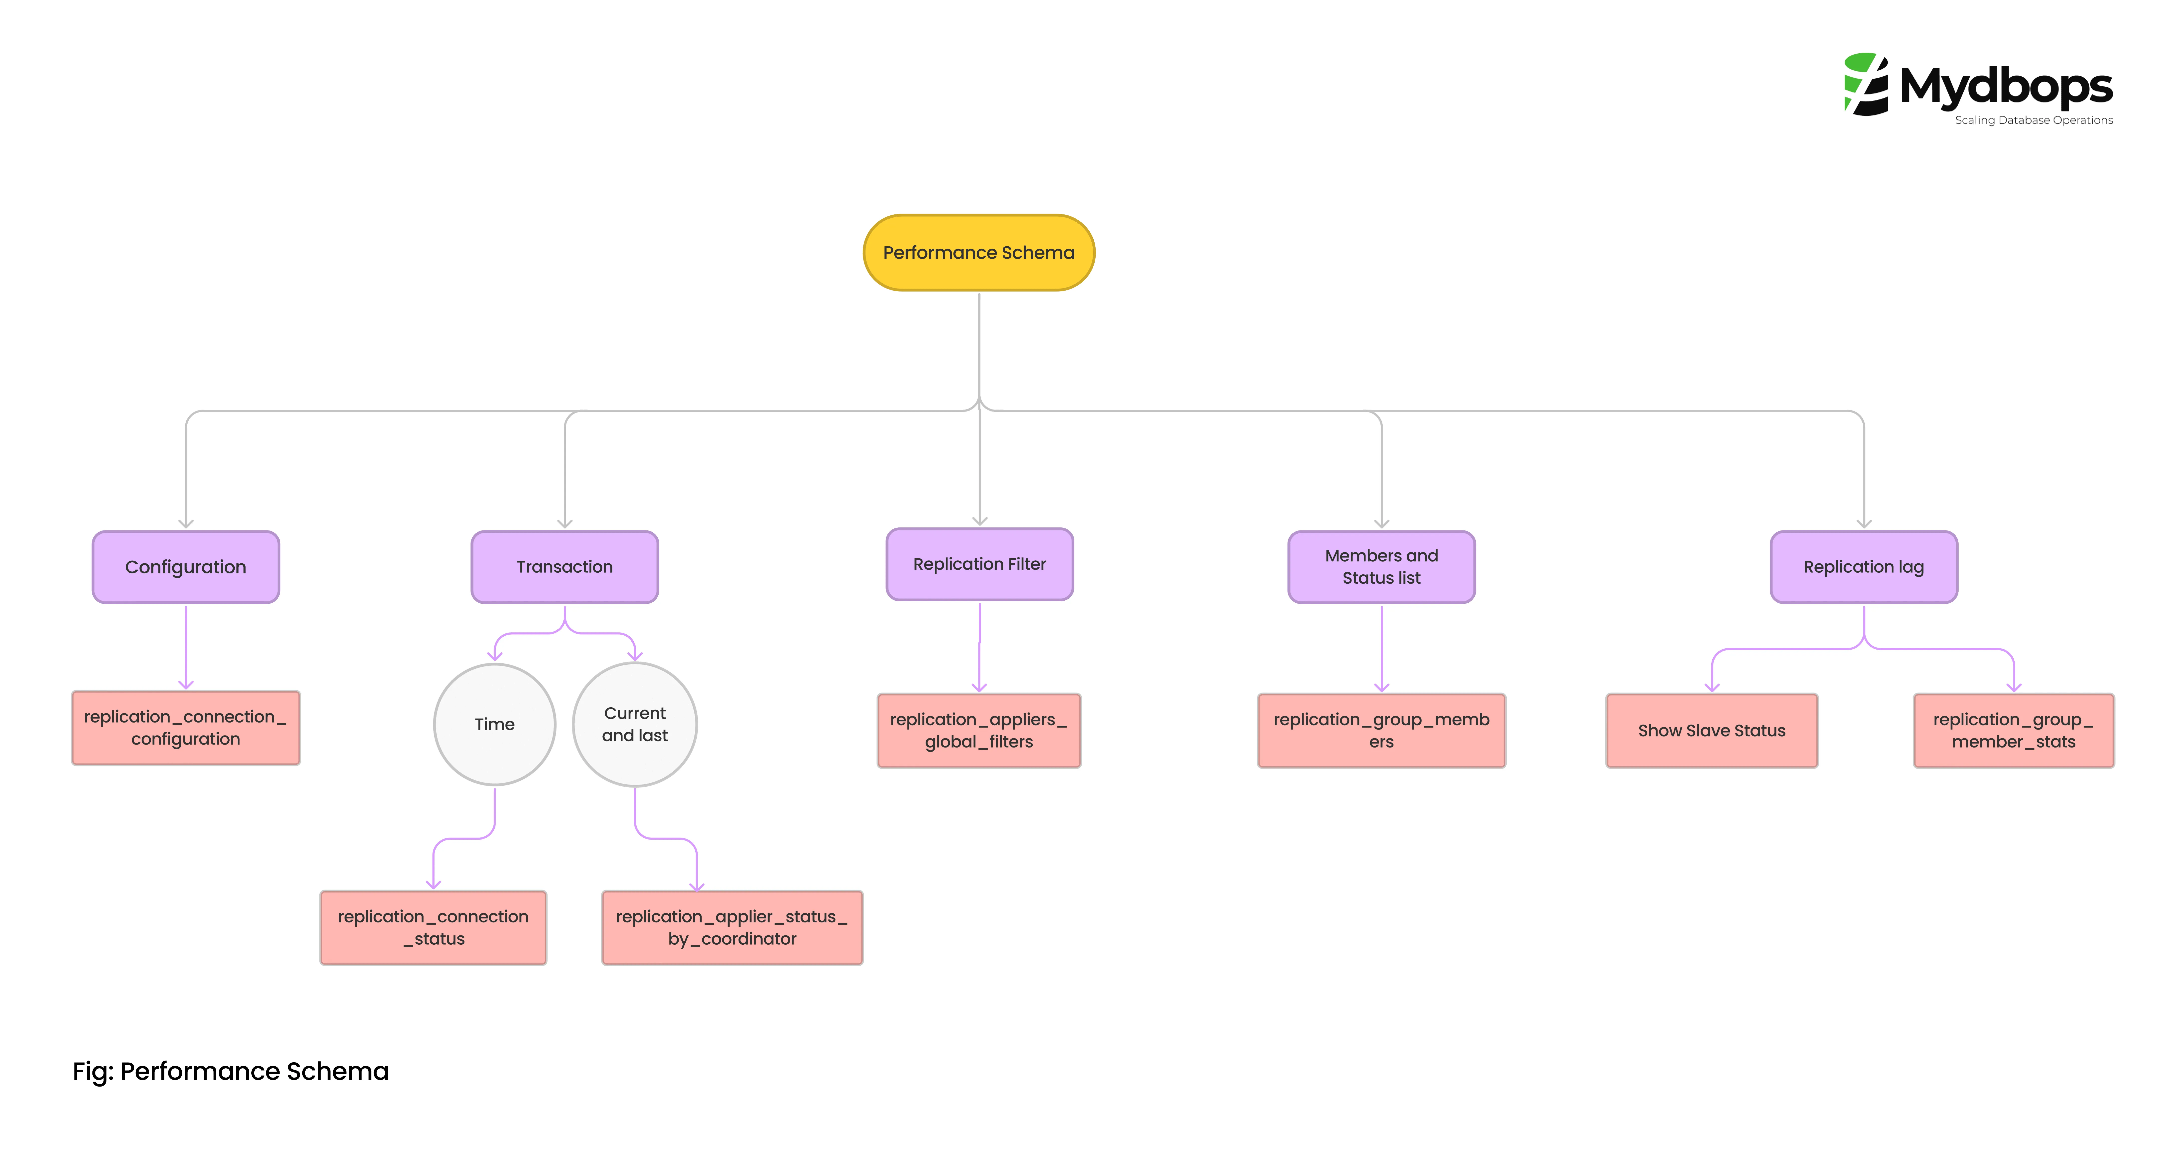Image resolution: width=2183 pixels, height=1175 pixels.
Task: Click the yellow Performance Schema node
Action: point(979,252)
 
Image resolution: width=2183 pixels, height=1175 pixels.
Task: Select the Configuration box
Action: point(186,567)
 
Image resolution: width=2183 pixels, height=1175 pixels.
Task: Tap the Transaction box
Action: point(564,567)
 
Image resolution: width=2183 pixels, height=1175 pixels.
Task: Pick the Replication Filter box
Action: point(980,564)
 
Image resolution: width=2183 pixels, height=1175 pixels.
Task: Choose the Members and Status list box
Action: point(1381,567)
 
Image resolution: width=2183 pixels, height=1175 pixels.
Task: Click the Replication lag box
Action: point(1863,567)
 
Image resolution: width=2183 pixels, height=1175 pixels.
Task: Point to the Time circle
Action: point(495,724)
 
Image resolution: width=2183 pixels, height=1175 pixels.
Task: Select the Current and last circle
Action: point(635,724)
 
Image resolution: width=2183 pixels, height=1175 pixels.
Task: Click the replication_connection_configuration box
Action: point(186,728)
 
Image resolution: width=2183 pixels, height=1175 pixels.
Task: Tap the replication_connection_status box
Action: point(433,928)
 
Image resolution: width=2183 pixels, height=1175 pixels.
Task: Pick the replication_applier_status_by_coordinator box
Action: point(732,928)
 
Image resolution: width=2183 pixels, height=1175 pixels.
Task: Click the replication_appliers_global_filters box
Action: point(979,730)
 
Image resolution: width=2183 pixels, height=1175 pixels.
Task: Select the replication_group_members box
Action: point(1381,730)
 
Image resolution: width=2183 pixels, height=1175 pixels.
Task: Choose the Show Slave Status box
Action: point(1712,730)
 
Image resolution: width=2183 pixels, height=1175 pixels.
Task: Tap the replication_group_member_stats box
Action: point(2014,730)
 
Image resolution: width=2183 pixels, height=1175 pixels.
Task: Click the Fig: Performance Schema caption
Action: point(231,1072)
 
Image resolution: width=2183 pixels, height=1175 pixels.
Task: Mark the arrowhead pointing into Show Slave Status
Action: point(1712,687)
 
